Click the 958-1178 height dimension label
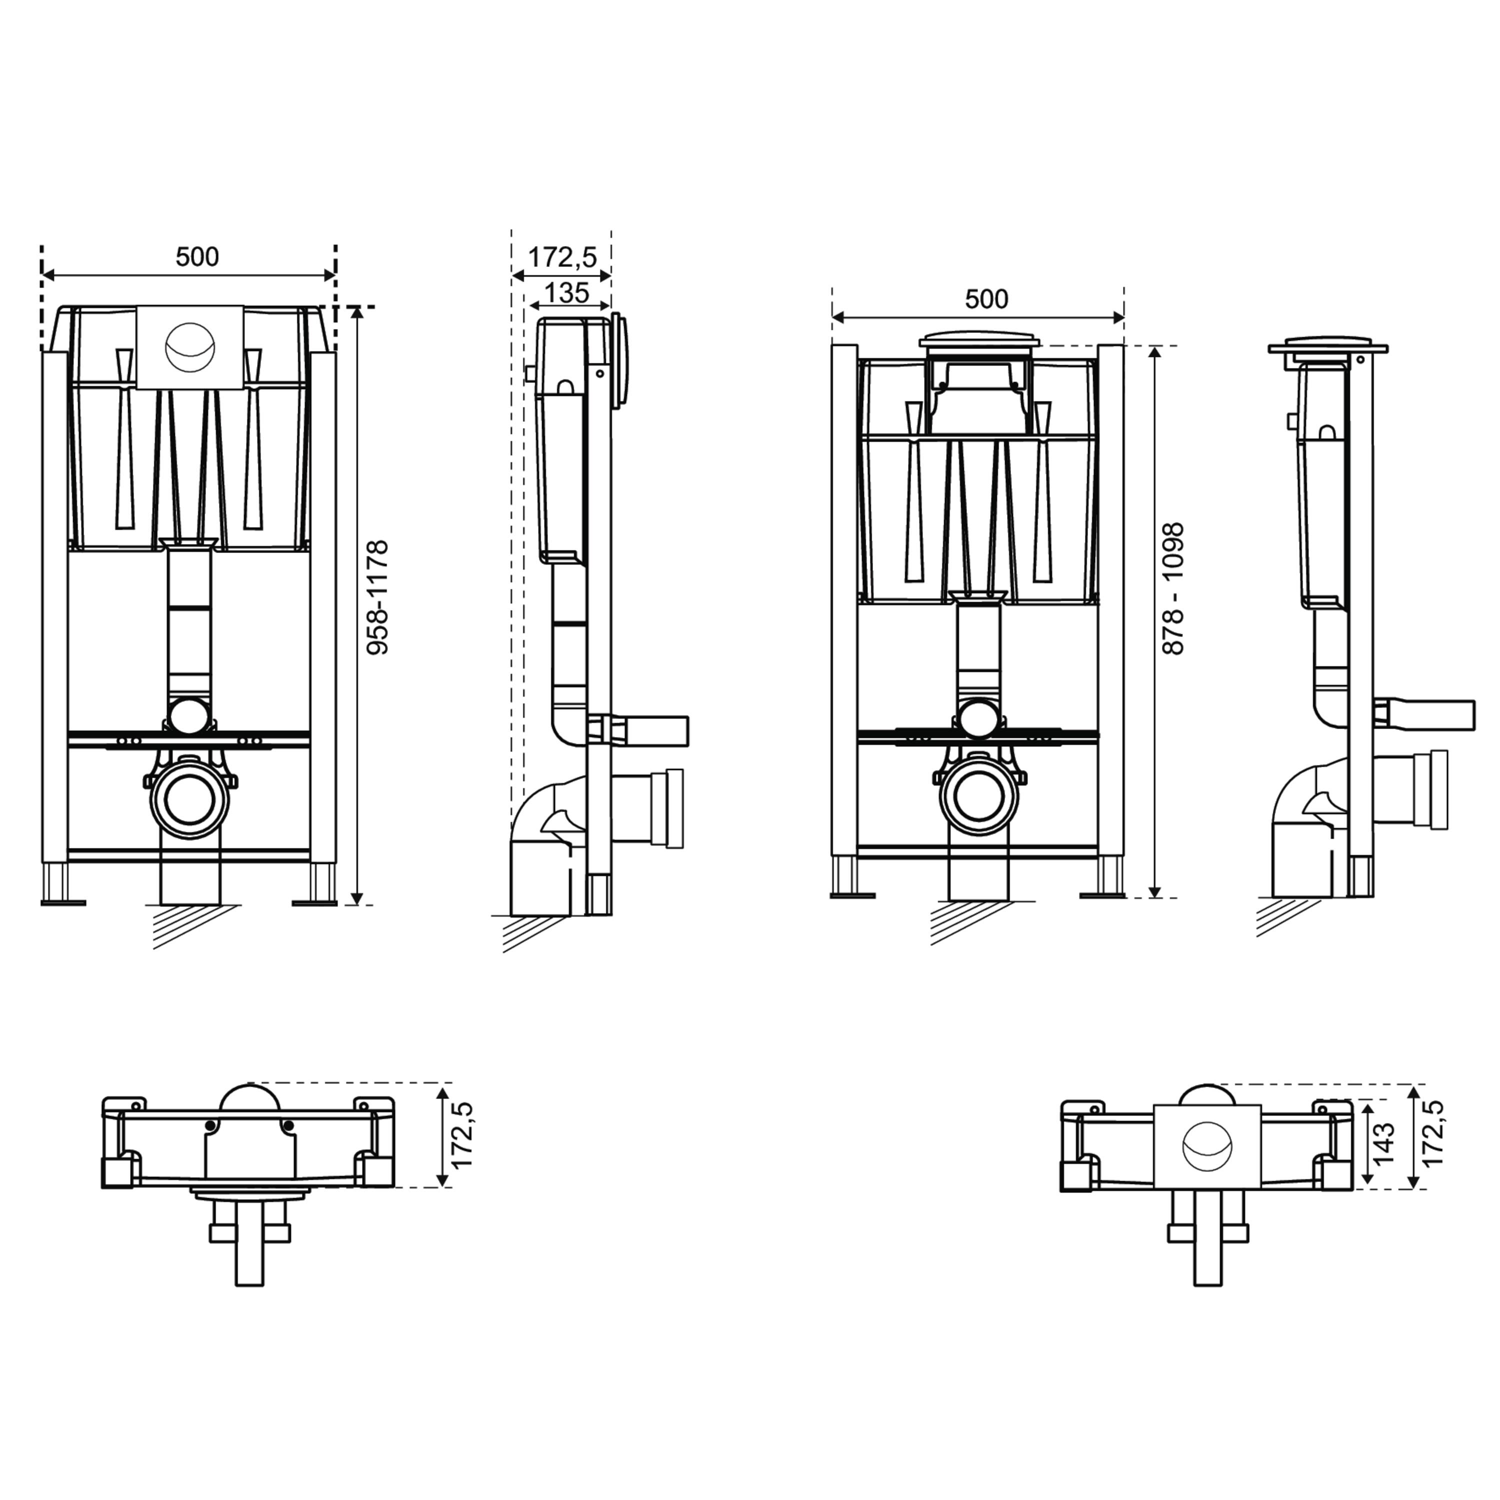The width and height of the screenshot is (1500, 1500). click(x=378, y=598)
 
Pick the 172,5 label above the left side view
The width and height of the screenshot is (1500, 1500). click(x=562, y=257)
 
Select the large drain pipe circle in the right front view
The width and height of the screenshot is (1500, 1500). click(x=978, y=799)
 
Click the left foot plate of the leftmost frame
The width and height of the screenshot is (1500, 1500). click(x=63, y=902)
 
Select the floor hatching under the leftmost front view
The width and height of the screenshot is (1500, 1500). click(x=186, y=926)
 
